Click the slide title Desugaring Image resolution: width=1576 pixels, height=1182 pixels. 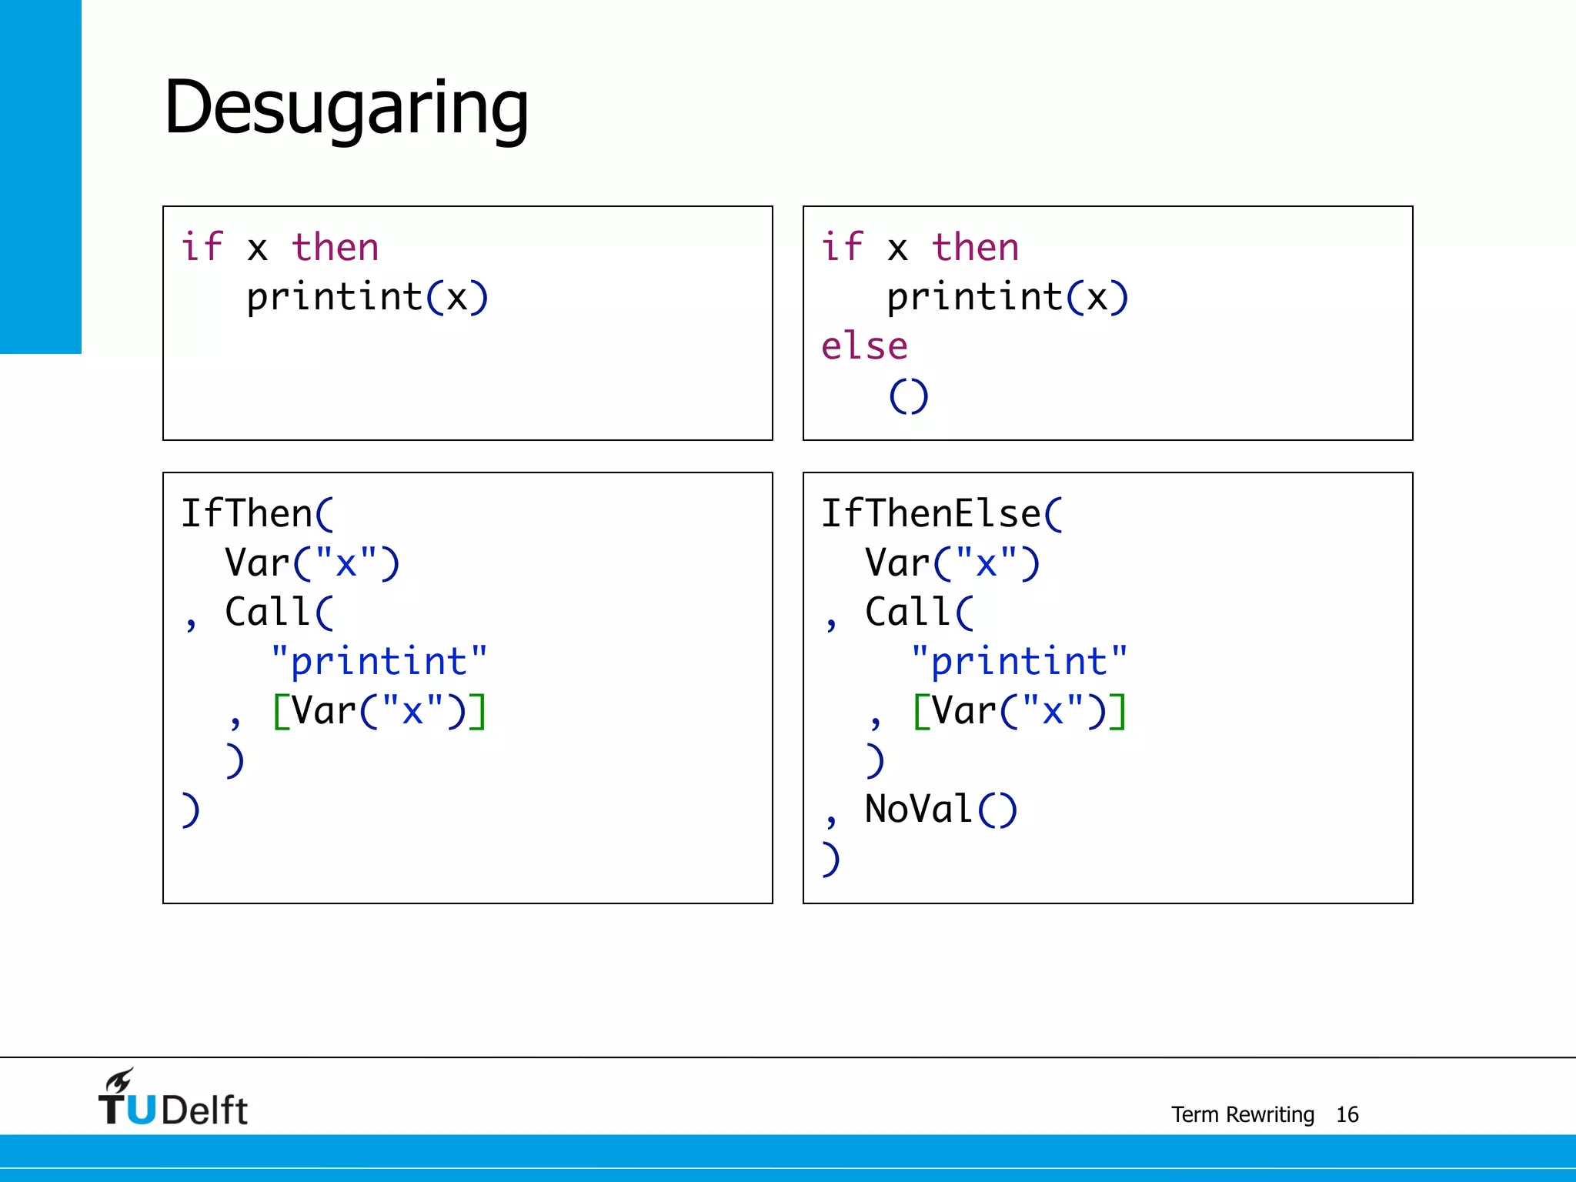(x=346, y=108)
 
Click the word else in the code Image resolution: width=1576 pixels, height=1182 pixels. (x=864, y=346)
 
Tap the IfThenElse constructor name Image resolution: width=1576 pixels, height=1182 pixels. (x=931, y=513)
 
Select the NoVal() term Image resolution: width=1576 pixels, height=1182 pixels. (x=940, y=810)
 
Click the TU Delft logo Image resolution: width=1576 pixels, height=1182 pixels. (x=172, y=1100)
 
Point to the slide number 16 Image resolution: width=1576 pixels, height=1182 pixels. (x=1347, y=1114)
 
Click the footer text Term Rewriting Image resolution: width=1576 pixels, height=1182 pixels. (x=1242, y=1114)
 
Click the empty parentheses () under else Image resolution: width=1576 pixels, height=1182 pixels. (x=909, y=396)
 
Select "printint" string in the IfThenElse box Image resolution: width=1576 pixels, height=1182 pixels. (x=1019, y=662)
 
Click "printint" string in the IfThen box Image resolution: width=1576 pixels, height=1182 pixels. (x=379, y=662)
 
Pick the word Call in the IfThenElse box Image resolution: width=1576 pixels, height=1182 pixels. (x=908, y=613)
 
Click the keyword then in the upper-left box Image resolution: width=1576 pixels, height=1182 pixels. (x=336, y=248)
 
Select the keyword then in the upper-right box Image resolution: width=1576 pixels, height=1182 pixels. (x=975, y=248)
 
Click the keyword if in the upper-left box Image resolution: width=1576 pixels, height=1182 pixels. (x=202, y=248)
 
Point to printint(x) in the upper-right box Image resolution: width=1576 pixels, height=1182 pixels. (x=1007, y=297)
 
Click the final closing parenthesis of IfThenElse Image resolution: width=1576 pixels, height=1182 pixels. (x=830, y=859)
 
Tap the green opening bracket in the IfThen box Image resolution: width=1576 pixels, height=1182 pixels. (x=281, y=711)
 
